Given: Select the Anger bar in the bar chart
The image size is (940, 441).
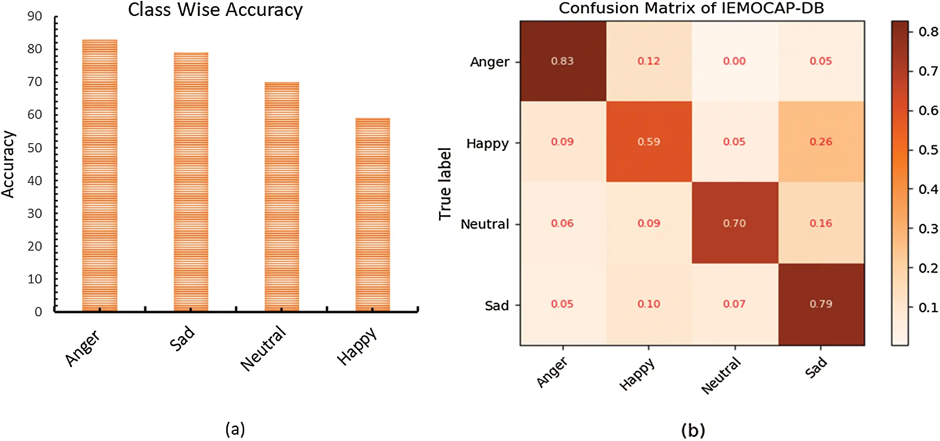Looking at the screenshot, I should click(x=100, y=175).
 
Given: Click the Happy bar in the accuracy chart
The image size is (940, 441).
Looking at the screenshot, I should click(x=372, y=214).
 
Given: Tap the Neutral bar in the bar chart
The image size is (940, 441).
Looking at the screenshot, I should click(x=281, y=196).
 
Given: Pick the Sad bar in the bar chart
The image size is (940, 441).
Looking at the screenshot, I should click(x=191, y=181).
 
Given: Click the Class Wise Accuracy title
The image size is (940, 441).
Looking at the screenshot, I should click(x=215, y=10).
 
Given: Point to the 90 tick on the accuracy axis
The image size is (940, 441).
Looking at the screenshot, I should click(x=35, y=16).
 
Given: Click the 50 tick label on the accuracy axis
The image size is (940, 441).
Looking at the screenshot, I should click(x=35, y=147).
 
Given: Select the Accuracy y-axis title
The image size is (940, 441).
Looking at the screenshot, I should click(x=8, y=164).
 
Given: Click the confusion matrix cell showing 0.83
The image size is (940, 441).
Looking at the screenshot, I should click(x=562, y=61).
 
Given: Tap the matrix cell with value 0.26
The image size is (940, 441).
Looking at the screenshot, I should click(x=821, y=142).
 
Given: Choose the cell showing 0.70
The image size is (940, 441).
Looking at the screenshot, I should click(x=734, y=223).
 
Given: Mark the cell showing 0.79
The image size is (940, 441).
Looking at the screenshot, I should click(x=821, y=304).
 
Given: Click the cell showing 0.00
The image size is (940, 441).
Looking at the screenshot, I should click(x=734, y=61).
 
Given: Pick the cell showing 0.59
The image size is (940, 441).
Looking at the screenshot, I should click(x=648, y=142).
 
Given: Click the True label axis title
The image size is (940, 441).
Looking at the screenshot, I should click(x=445, y=184).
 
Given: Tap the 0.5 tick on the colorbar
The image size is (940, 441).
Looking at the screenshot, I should click(x=928, y=150).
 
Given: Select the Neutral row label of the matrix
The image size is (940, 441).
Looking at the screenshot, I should click(x=485, y=224).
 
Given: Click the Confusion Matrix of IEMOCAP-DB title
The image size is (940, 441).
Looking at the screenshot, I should click(x=691, y=8).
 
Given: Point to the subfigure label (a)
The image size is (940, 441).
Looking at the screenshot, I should click(x=235, y=429).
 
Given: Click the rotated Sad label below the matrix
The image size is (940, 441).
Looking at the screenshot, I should click(x=816, y=367).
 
